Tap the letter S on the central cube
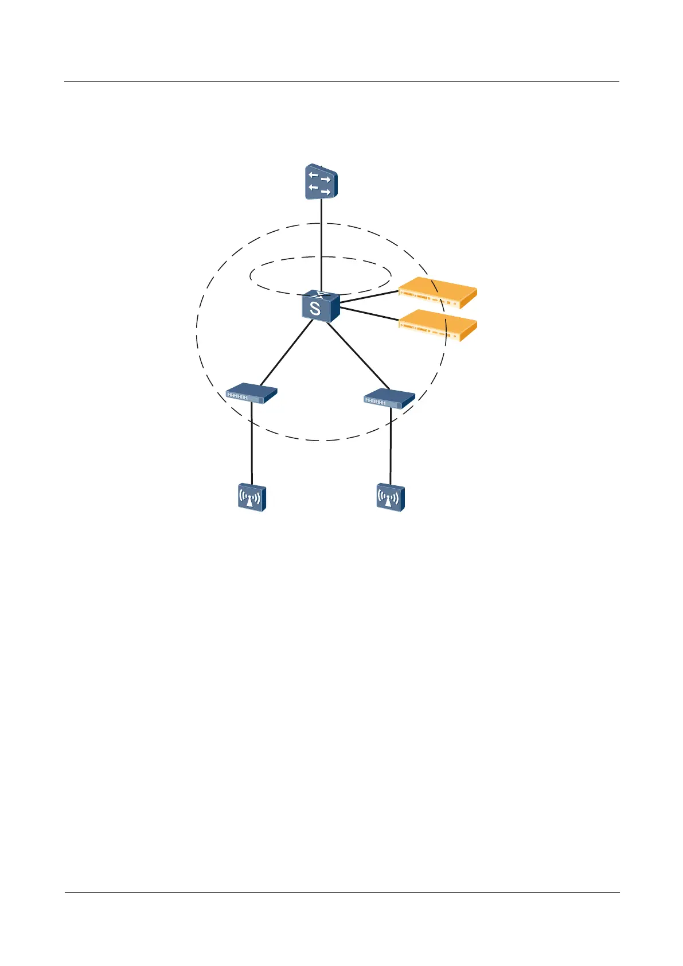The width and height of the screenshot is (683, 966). click(x=315, y=309)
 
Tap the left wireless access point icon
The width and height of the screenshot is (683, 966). click(x=252, y=498)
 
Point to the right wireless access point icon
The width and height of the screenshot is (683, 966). click(x=390, y=498)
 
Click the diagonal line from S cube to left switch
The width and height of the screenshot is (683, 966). click(x=286, y=352)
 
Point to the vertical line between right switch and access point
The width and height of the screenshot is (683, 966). click(x=391, y=447)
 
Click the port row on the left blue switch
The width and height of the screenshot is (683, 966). click(x=237, y=396)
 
